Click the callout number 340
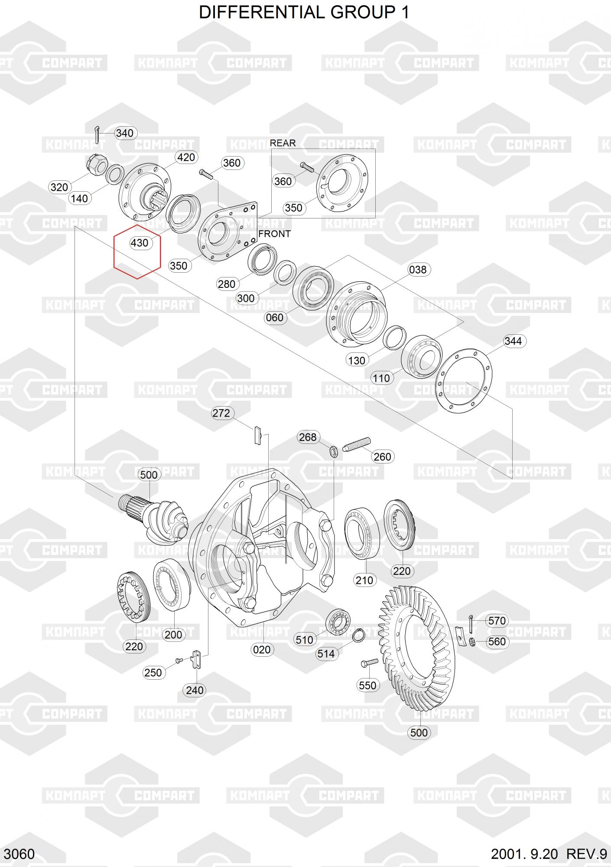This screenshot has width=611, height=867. [x=125, y=133]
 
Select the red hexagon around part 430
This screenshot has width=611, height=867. [x=137, y=251]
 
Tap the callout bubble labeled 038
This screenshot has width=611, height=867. [x=418, y=270]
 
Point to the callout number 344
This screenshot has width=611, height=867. [x=513, y=341]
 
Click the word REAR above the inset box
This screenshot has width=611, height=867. [x=283, y=143]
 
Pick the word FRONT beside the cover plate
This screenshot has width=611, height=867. [x=274, y=234]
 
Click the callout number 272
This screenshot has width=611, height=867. [x=221, y=413]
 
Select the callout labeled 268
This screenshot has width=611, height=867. [x=308, y=437]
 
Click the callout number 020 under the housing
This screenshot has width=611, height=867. [x=262, y=650]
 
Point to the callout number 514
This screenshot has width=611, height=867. [x=326, y=654]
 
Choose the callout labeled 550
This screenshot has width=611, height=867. [x=367, y=685]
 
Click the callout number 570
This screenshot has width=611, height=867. [x=497, y=621]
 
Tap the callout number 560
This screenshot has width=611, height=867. [x=497, y=642]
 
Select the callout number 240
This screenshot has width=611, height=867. [x=195, y=690]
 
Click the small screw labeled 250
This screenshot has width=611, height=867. [x=179, y=660]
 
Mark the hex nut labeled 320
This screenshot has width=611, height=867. [x=98, y=165]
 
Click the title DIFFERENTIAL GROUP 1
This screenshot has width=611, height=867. [x=304, y=13]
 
